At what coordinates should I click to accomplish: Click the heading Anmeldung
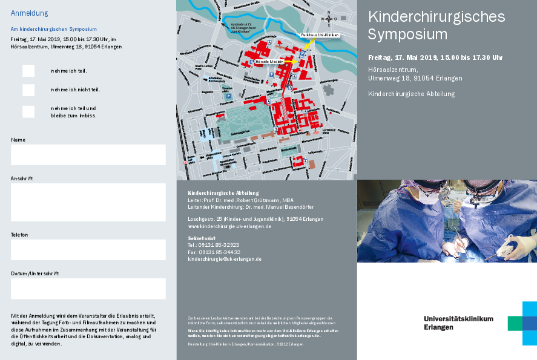(30, 13)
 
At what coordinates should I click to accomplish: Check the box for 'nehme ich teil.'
(28, 71)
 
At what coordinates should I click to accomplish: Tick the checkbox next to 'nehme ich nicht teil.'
(28, 90)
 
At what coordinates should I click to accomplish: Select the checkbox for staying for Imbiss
(28, 111)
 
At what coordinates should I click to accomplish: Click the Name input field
(88, 155)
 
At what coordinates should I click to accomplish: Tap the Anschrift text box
(88, 202)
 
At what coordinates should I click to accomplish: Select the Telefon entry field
(88, 249)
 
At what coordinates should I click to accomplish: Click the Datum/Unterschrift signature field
(88, 289)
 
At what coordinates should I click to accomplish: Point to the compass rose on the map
(329, 19)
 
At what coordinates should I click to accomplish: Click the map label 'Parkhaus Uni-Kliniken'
(320, 35)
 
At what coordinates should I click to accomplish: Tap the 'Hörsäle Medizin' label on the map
(269, 62)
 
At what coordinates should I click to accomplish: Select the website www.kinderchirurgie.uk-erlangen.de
(229, 226)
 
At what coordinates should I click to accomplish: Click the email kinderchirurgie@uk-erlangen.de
(225, 259)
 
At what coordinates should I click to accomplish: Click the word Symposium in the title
(407, 34)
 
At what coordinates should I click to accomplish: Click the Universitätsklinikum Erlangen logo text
(458, 322)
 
